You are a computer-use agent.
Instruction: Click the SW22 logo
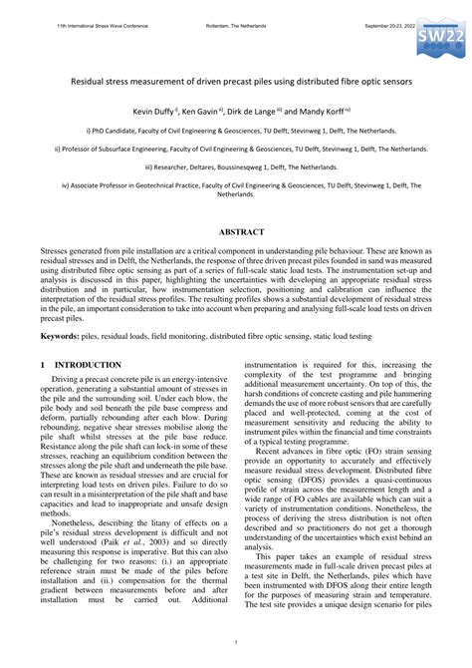(x=437, y=39)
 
